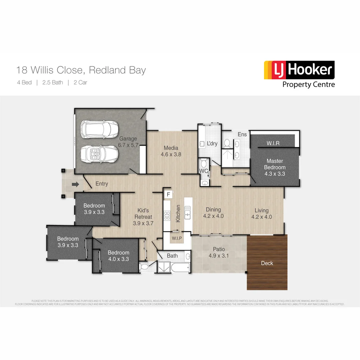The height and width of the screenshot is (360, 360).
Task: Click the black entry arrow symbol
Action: pos(75,184)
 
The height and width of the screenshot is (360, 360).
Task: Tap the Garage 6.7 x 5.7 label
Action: pos(128,142)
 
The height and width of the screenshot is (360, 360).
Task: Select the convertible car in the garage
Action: pos(99,154)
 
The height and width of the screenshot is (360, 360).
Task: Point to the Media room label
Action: pos(171,151)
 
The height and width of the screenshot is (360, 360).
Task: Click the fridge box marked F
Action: pos(168,194)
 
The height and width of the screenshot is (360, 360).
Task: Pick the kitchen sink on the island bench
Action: pos(187,212)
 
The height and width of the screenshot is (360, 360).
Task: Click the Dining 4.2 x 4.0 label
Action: pos(213,213)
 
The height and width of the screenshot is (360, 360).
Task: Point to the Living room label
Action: pos(261,213)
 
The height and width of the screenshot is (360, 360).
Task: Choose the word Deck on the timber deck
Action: pos(267,263)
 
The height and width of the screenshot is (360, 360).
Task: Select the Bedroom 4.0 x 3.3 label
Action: pos(118,256)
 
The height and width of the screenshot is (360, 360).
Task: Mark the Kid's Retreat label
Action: pos(143,217)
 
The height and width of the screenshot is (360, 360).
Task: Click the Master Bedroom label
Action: pos(275,167)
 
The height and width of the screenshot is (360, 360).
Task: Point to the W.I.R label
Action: pos(273,143)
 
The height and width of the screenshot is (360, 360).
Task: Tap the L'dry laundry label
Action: pos(212,144)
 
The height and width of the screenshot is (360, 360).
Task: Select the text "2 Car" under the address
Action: pos(80,82)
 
